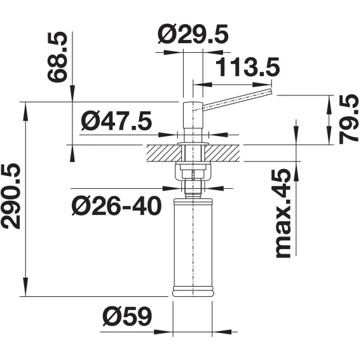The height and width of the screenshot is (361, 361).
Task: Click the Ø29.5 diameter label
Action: pos(193,34)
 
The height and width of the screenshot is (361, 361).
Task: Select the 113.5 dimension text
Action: pos(248,67)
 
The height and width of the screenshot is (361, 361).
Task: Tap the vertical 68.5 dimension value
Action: pos(57,57)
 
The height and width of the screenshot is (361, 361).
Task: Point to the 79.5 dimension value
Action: pos(348,119)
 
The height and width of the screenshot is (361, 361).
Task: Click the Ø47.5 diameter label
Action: pos(116,121)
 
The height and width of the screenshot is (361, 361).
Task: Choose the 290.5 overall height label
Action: pos(11,196)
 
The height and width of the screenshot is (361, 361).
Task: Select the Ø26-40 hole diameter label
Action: pos(116,205)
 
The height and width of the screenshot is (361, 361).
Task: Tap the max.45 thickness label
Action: pos(283,213)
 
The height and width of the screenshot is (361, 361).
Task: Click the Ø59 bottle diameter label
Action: pos(127,316)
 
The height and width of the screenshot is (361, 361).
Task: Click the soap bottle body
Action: pos(193,247)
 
